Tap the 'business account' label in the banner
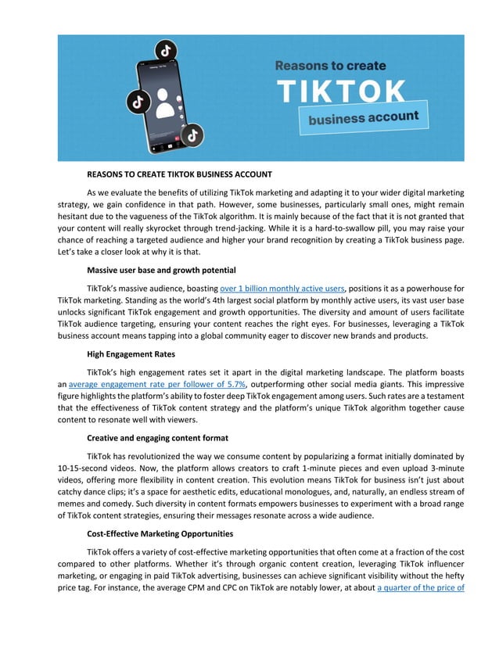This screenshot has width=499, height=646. point(363,118)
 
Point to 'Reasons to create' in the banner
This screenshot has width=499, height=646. point(330,66)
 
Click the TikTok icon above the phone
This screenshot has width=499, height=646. point(165,51)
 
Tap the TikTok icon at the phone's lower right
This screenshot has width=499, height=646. point(192,135)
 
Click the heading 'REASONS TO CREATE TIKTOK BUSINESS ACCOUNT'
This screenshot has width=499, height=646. point(179,174)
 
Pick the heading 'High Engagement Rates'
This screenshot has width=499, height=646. point(131,354)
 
